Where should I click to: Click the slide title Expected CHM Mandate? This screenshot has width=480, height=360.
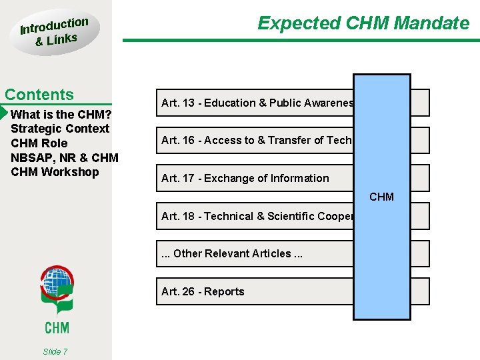click(363, 23)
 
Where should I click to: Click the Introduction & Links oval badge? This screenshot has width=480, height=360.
click(55, 31)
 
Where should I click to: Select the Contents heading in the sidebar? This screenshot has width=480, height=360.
click(39, 95)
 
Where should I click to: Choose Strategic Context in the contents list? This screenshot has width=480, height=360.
click(60, 129)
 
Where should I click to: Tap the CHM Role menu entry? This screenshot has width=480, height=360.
click(39, 143)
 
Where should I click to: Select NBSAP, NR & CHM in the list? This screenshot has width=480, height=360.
click(65, 158)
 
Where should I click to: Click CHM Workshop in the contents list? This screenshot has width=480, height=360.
click(55, 172)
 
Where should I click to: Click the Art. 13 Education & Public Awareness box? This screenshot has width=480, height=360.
click(257, 103)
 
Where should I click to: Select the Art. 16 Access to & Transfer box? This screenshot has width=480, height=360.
click(257, 140)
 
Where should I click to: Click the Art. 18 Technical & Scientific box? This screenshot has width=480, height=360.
click(257, 216)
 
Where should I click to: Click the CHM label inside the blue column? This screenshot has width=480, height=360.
click(381, 197)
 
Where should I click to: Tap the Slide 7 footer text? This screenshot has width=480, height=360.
click(55, 351)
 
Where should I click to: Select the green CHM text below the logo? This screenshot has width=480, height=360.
click(57, 327)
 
